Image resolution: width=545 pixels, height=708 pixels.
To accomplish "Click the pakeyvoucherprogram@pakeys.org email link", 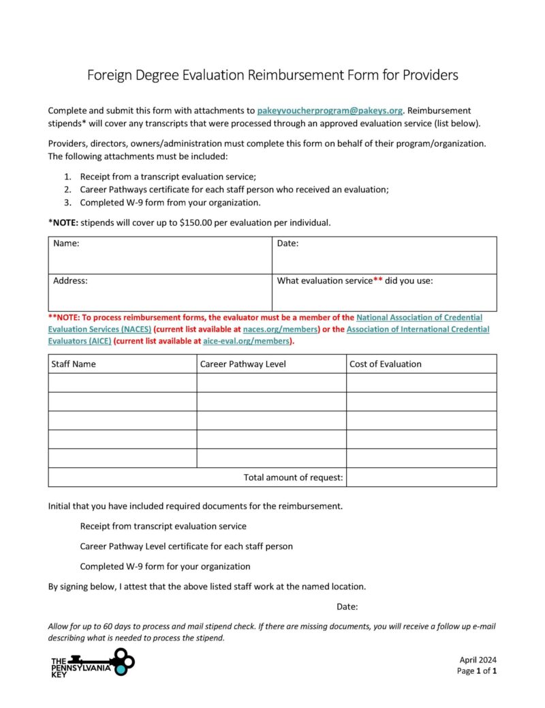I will [330, 110].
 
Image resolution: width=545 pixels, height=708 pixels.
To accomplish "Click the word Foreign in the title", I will [109, 75].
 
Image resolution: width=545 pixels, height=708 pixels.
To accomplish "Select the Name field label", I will [66, 244].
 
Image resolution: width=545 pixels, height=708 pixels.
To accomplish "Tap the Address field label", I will [70, 280].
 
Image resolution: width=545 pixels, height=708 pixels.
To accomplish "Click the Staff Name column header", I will [74, 364].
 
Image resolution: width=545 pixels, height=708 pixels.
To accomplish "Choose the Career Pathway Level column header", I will [243, 364].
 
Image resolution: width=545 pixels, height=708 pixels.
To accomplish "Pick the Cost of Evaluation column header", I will [385, 364].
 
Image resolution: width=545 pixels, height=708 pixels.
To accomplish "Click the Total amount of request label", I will [293, 477].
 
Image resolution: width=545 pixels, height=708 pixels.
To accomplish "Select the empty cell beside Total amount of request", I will [421, 477].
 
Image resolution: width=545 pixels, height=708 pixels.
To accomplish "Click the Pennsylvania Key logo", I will [93, 662].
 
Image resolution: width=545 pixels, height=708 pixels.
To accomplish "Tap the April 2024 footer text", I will [478, 660].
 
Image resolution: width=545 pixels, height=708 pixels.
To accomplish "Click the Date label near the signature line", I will [347, 606].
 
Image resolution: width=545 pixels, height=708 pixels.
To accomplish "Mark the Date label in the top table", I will [288, 244].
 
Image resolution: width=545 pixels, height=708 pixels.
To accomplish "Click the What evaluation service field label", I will [354, 280].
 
